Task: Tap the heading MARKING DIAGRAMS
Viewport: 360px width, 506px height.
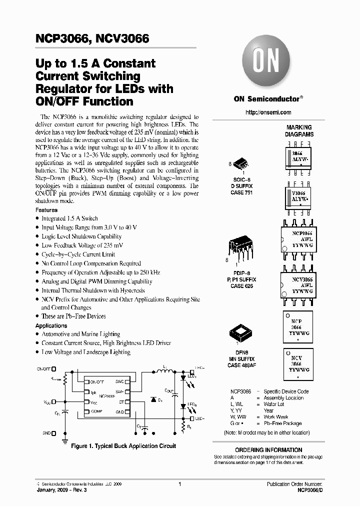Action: pyautogui.click(x=299, y=131)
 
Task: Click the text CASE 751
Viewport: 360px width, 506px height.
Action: pyautogui.click(x=242, y=193)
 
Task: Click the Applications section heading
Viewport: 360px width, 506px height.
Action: pyautogui.click(x=51, y=325)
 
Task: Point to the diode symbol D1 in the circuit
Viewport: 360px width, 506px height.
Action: pyautogui.click(x=153, y=400)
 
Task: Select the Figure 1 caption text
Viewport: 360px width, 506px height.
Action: pyautogui.click(x=123, y=446)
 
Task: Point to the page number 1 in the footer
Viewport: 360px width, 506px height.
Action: pyautogui.click(x=179, y=484)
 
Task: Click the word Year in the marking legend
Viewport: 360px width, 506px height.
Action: pyautogui.click(x=269, y=410)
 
